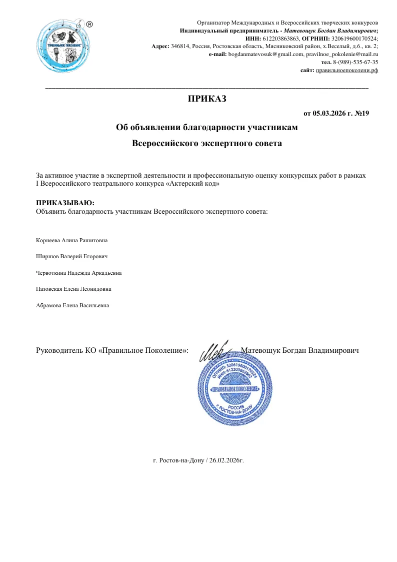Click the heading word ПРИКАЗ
(207, 99)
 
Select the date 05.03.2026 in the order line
(330, 114)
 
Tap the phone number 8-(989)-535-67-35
(355, 62)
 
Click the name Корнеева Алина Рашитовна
(72, 240)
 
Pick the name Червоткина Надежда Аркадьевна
(79, 273)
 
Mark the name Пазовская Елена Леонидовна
(74, 289)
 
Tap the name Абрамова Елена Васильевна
(73, 305)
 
